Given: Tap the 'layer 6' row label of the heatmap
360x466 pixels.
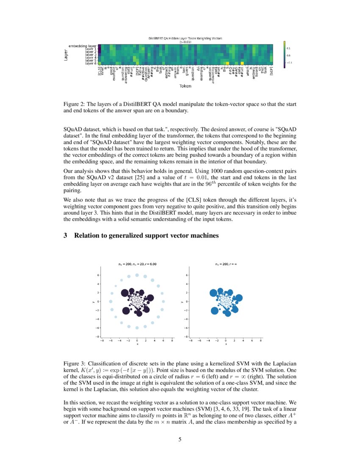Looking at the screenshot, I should pyautogui.click(x=91, y=63).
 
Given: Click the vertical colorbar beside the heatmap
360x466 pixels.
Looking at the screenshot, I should pyautogui.click(x=285, y=54).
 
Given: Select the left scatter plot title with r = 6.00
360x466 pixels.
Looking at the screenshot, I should pyautogui.click(x=137, y=264).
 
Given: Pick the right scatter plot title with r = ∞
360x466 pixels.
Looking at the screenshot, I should pyautogui.click(x=225, y=264).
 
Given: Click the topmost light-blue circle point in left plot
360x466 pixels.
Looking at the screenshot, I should pyautogui.click(x=137, y=275).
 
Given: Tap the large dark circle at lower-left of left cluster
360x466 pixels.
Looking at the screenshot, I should pyautogui.click(x=126, y=311).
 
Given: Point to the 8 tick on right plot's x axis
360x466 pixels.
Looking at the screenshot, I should pyautogui.click(x=261, y=340).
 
